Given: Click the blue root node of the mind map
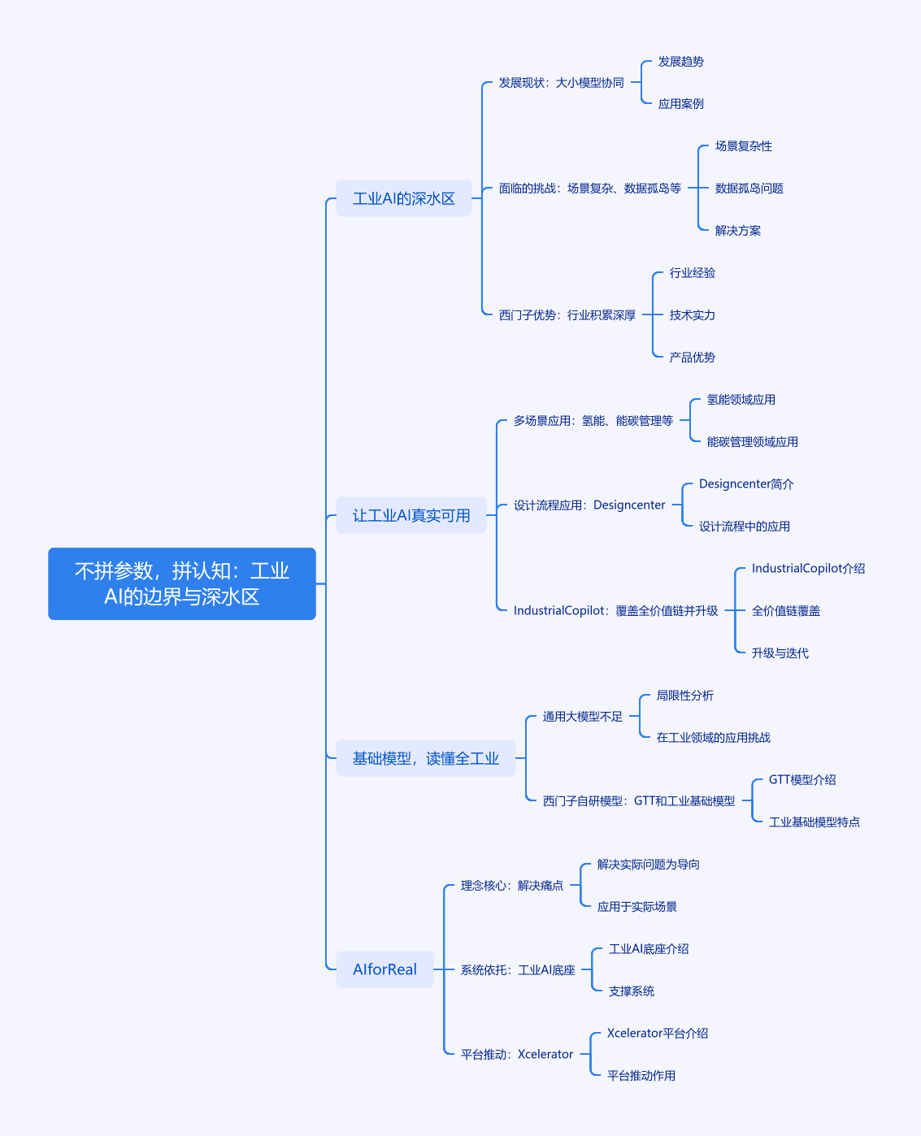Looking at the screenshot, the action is (182, 583).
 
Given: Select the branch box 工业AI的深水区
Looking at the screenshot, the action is (404, 198).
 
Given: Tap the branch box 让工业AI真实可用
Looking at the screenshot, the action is (411, 515).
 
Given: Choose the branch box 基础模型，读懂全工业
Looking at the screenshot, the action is (425, 758).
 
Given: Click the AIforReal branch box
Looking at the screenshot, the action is (384, 969).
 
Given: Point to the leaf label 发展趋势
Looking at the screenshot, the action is (681, 61).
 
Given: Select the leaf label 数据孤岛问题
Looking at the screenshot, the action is (749, 189).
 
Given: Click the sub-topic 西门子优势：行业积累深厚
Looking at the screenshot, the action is (567, 315).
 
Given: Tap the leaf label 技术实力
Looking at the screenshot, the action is (692, 315).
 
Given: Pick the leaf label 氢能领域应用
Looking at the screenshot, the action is (741, 400).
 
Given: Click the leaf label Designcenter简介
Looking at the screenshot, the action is (746, 483).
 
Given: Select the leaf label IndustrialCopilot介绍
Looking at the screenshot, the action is (808, 569).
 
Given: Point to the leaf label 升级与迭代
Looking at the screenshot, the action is (780, 653).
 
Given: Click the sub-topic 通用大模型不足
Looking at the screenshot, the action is (583, 716).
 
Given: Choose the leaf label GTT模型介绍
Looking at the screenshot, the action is (802, 780).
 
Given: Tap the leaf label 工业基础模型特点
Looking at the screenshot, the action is (815, 822).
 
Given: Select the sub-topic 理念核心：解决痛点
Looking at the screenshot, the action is (512, 886).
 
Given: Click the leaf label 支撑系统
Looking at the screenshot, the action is (632, 991).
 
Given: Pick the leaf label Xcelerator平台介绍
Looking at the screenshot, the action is (658, 1033).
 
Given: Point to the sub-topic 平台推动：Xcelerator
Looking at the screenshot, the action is (516, 1055).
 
